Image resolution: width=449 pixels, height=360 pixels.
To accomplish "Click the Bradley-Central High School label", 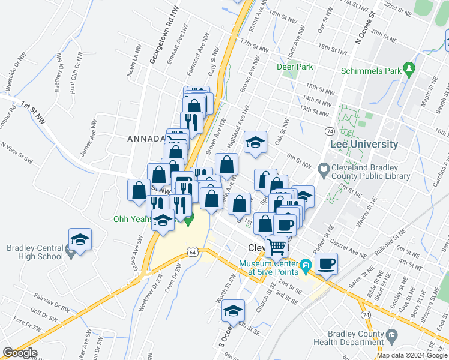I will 34,252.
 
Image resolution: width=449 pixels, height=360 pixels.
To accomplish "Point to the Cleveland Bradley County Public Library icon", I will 324,169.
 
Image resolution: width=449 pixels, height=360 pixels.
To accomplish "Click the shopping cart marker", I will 277,245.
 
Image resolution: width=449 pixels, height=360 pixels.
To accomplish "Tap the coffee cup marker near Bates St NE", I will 326,263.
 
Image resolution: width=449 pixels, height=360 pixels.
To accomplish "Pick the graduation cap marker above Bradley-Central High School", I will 80,239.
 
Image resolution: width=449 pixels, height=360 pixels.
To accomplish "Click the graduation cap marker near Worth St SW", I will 233,310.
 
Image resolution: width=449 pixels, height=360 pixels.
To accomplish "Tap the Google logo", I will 20,353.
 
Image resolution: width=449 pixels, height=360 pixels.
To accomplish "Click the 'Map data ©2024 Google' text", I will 412,355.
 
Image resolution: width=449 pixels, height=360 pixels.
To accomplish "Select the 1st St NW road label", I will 32,112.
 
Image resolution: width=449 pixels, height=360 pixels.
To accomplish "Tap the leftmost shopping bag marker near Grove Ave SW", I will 139,190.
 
